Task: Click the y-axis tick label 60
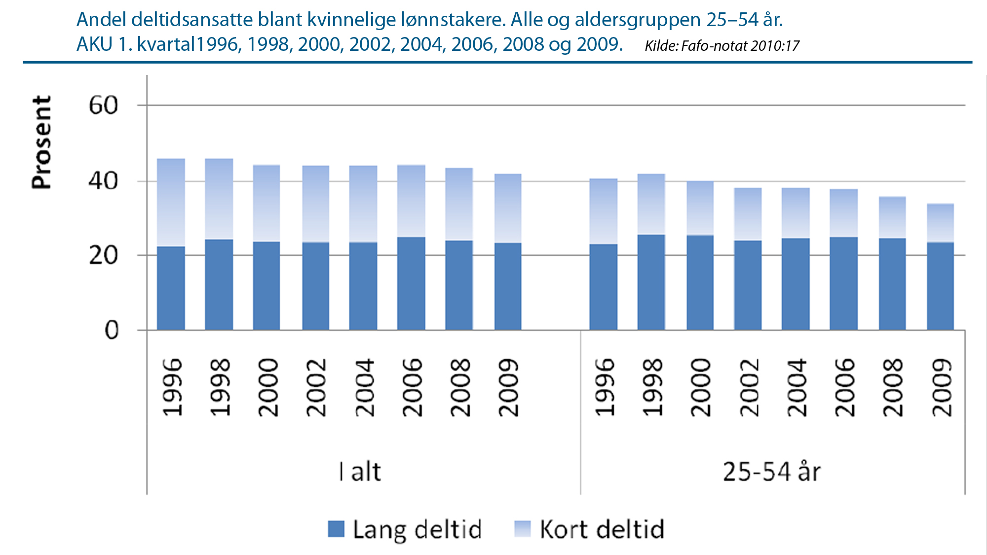coord(104,106)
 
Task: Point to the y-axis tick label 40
coord(104,181)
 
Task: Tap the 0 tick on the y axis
coord(112,330)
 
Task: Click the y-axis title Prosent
coord(41,143)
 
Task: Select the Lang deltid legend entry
coord(405,529)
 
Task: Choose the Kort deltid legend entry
coord(590,529)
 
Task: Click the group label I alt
coord(360,472)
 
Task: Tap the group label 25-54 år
coord(771,472)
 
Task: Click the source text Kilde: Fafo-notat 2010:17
coord(721,46)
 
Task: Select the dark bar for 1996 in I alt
coord(171,288)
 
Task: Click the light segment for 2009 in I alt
coord(508,208)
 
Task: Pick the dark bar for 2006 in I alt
coord(411,284)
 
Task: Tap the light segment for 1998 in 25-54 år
coord(651,204)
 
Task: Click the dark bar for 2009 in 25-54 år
coord(940,286)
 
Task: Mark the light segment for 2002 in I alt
coord(315,204)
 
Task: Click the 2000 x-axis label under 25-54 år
coord(700,388)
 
